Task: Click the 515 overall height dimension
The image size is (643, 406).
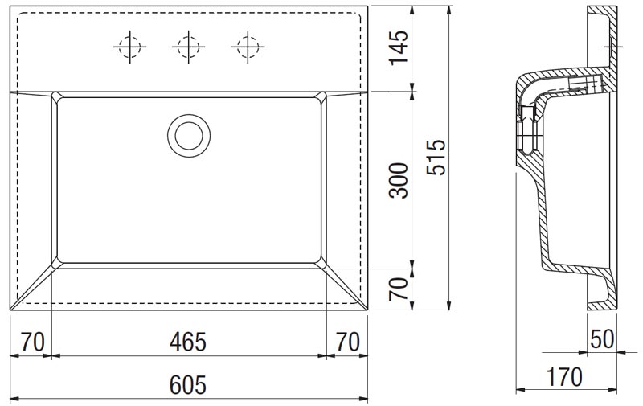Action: coord(436,158)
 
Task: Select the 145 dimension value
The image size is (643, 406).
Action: coord(399,47)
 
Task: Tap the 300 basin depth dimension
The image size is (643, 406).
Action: coord(399,181)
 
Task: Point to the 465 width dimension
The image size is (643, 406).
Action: coord(188,342)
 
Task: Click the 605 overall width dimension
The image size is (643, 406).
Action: coord(188,384)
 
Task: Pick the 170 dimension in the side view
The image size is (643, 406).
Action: coord(564,376)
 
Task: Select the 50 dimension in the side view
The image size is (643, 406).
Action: coord(602,339)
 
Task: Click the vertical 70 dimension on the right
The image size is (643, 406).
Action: coord(399,289)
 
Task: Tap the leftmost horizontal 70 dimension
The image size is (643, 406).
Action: coord(32,342)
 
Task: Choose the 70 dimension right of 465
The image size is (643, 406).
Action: coord(348,342)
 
